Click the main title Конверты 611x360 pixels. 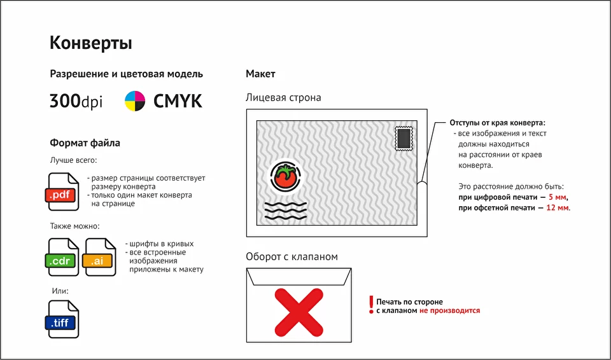pos(91,43)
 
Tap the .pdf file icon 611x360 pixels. pos(62,191)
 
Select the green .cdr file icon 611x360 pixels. pos(62,257)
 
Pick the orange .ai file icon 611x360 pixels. pos(99,257)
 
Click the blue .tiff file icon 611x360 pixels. pos(62,319)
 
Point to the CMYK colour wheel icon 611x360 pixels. pos(135,101)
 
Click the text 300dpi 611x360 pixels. pos(76,101)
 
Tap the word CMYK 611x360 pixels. pos(178,101)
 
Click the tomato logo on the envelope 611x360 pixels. pos(286,176)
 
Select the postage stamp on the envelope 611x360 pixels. pos(404,138)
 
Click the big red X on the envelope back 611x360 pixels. pos(299,312)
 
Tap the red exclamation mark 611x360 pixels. pos(371,305)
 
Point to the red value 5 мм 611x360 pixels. pos(558,197)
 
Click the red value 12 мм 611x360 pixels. pos(558,207)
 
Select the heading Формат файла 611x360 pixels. pos(85,143)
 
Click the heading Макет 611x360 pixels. pos(260,74)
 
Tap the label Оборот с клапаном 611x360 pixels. pos(292,257)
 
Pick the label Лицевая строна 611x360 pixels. pos(283,97)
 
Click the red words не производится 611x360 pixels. pos(450,310)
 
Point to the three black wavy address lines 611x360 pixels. pos(286,211)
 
